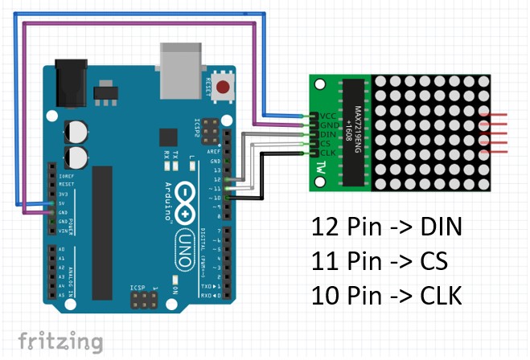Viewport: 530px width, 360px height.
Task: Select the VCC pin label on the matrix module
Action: (327, 115)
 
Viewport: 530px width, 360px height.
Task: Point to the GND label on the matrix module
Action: (327, 125)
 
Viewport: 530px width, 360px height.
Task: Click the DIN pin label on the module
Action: (327, 134)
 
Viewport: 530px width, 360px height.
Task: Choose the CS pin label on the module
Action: (326, 144)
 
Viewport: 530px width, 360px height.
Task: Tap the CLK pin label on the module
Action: (327, 153)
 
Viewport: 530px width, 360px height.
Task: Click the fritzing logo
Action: (60, 342)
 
